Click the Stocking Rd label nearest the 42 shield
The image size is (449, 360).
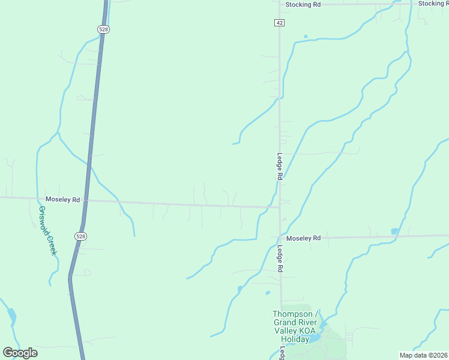303,4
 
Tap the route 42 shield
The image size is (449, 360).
280,22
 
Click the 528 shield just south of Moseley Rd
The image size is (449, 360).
80,236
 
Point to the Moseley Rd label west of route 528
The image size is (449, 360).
62,199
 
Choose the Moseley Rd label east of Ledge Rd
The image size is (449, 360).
303,238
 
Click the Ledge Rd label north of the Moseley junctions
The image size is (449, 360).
280,166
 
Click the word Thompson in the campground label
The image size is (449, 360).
292,314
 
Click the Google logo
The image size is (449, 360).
20,352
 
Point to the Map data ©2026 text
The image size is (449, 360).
423,355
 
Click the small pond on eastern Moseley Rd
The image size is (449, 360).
394,232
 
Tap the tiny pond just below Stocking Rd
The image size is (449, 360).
306,37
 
